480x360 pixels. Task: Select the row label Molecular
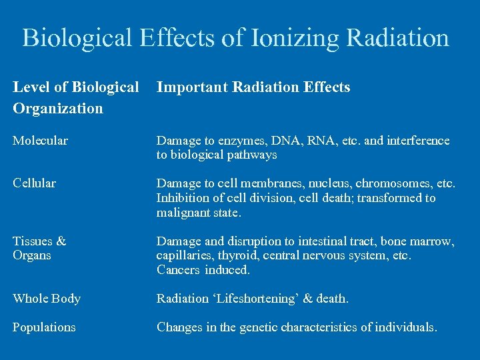[40, 141]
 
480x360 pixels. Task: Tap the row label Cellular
[35, 183]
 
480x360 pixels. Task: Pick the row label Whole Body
[47, 299]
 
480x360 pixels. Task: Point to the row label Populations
[44, 327]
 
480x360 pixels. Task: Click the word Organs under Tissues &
[32, 255]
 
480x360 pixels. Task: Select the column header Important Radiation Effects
[253, 87]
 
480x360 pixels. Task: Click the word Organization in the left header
[58, 108]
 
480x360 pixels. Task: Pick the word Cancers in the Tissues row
[178, 270]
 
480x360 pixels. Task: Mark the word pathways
[251, 155]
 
